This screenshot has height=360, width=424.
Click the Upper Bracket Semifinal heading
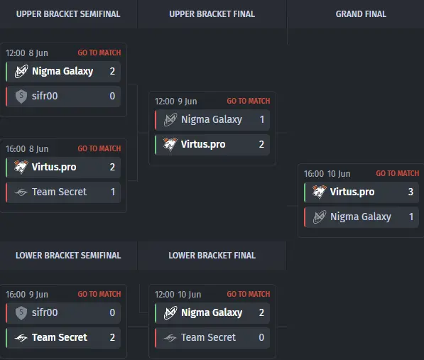click(68, 14)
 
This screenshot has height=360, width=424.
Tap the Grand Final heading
click(361, 14)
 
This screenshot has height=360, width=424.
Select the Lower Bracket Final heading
click(212, 256)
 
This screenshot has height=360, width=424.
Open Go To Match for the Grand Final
click(398, 173)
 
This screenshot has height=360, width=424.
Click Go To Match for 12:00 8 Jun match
click(99, 53)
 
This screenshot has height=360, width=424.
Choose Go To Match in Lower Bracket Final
click(249, 294)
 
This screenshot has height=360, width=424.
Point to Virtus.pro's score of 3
click(411, 192)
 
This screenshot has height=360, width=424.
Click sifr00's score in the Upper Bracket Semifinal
click(112, 96)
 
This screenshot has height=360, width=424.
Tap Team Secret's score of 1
click(113, 192)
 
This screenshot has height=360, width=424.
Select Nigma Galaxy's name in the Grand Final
click(361, 217)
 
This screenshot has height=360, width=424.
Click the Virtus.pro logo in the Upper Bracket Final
click(170, 144)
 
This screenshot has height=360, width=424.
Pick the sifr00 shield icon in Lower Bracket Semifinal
click(21, 312)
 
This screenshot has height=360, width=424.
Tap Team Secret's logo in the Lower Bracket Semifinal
click(21, 337)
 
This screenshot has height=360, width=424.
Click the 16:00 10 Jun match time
click(327, 174)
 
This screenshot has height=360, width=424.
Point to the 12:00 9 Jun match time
click(175, 102)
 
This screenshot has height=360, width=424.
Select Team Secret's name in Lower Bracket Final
click(209, 337)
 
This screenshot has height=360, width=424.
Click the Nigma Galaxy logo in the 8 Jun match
click(21, 71)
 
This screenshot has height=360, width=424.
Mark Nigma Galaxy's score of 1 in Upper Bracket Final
click(262, 119)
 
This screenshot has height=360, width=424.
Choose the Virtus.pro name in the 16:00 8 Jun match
click(54, 167)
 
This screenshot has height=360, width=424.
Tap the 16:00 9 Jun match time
click(27, 295)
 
